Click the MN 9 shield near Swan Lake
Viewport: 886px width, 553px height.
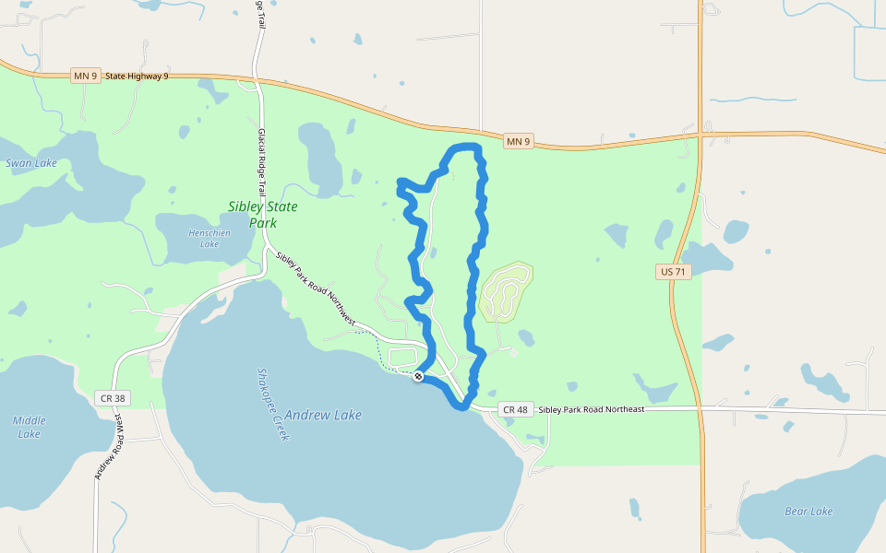(85, 76)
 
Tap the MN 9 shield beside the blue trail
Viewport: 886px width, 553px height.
(519, 141)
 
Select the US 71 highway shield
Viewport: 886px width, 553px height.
(674, 272)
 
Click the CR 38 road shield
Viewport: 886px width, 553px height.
(109, 398)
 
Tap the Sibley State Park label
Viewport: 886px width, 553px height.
(263, 214)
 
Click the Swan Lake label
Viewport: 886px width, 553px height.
(31, 163)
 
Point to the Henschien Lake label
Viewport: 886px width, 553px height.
(209, 238)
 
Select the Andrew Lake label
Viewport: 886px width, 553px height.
(323, 415)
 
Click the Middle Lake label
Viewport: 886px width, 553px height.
(29, 427)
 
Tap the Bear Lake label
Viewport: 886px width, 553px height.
(808, 511)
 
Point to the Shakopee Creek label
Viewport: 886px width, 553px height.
(272, 404)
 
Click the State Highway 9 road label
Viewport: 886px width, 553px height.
(137, 76)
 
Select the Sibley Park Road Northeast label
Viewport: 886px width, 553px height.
(591, 408)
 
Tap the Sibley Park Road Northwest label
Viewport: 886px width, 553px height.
(315, 288)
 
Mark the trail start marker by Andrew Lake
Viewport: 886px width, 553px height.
(419, 376)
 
